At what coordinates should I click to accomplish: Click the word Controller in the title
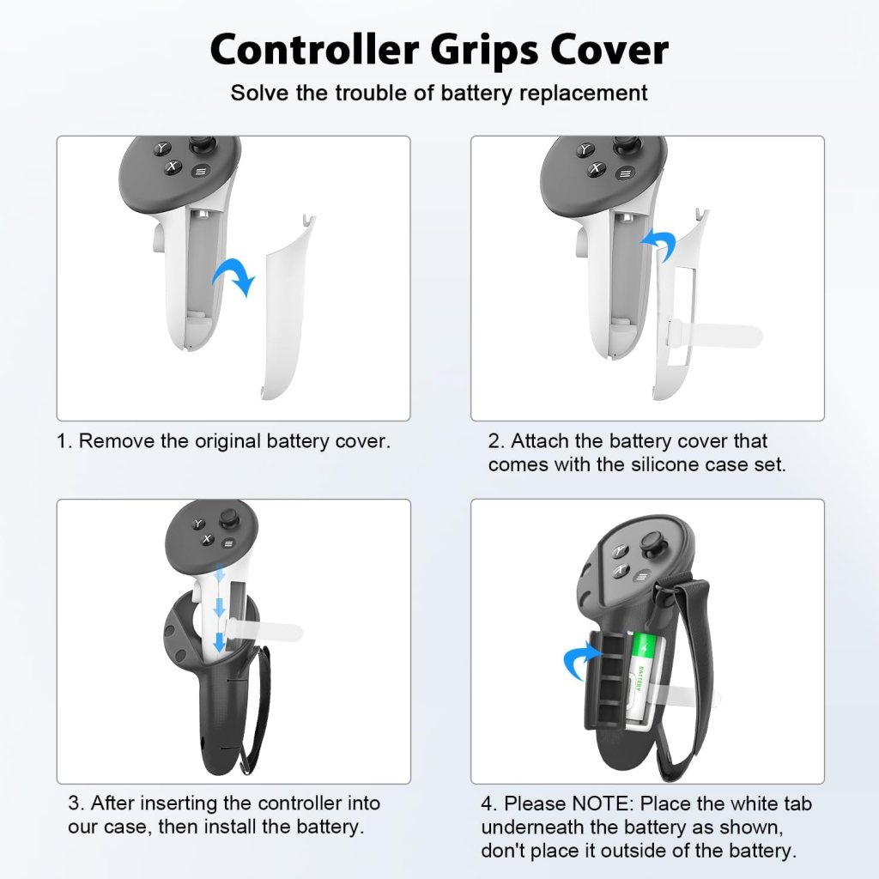point(314,49)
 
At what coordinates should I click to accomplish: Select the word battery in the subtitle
point(476,93)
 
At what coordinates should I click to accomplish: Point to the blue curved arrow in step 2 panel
point(659,245)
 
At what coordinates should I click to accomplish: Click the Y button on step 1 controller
point(162,149)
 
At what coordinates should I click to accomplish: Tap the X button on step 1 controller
point(173,167)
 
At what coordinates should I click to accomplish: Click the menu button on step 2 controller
point(626,173)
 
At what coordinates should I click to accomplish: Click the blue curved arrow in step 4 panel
point(582,659)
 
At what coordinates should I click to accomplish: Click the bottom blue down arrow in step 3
point(220,641)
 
